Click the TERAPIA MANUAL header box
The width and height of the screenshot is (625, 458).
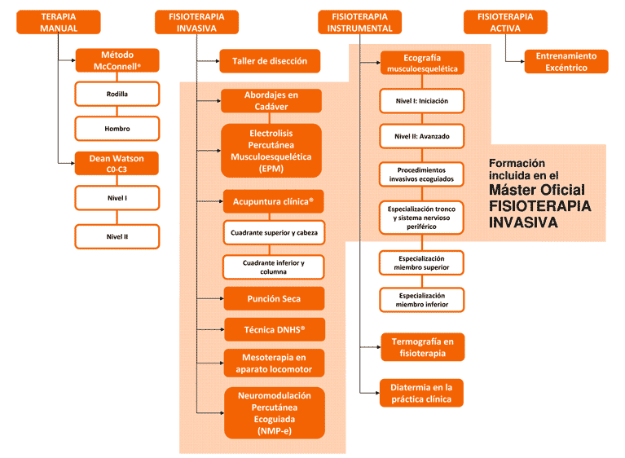tap(58, 22)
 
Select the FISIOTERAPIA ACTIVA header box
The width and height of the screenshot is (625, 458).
tap(505, 22)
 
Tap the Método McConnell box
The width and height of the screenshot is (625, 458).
tap(117, 60)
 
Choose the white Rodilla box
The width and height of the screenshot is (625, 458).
tap(117, 94)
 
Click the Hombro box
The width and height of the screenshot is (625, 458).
tap(117, 128)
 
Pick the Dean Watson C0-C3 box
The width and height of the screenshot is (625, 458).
tap(117, 164)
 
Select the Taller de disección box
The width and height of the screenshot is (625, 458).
tap(270, 61)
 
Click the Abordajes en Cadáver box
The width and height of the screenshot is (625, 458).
tap(271, 101)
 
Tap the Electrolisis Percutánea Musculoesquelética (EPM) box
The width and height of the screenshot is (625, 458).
tap(271, 151)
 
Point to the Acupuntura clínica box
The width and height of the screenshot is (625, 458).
tap(273, 201)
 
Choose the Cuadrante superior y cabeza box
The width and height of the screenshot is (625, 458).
tap(274, 232)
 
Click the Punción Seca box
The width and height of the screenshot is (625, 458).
tap(274, 298)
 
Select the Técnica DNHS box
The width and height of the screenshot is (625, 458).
tap(275, 330)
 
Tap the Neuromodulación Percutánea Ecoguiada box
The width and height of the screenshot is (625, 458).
tap(275, 413)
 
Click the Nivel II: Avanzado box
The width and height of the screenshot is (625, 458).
tap(422, 136)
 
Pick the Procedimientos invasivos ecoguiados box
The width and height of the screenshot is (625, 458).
tap(421, 174)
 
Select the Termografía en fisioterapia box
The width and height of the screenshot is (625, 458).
tap(423, 347)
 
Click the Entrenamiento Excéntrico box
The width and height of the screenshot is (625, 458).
tap(566, 62)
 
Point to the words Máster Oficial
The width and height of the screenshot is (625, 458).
tap(537, 190)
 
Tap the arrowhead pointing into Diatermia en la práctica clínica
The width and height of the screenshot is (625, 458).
tap(377, 393)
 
